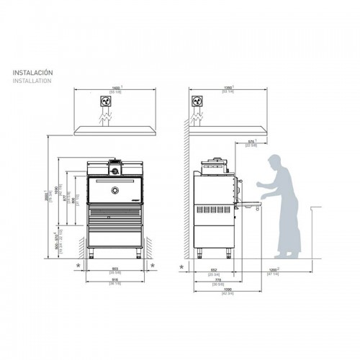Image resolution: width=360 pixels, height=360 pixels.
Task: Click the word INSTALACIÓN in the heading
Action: pyautogui.click(x=33, y=73)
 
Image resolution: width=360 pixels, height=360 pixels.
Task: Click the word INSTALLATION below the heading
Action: pyautogui.click(x=32, y=81)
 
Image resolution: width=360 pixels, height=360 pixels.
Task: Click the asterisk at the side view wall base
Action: pyautogui.click(x=181, y=267)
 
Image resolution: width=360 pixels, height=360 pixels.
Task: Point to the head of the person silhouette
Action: pyautogui.click(x=274, y=161)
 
